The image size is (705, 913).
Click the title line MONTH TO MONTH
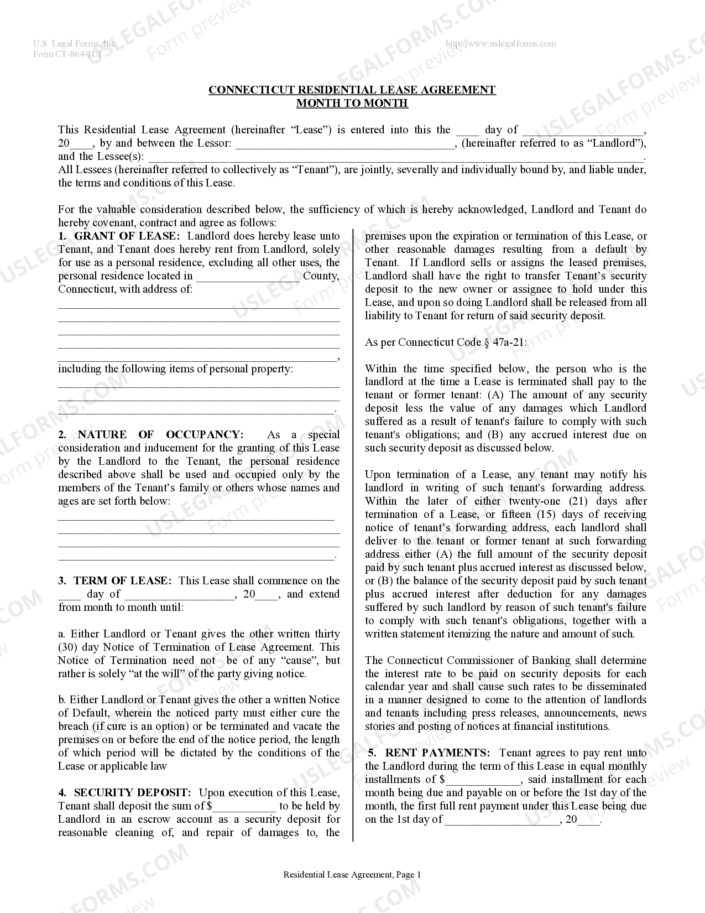(x=352, y=103)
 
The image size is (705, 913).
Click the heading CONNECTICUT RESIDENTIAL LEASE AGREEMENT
(x=352, y=90)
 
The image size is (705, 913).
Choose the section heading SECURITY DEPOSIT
(x=132, y=793)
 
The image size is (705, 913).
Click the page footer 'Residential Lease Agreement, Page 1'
(x=352, y=875)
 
